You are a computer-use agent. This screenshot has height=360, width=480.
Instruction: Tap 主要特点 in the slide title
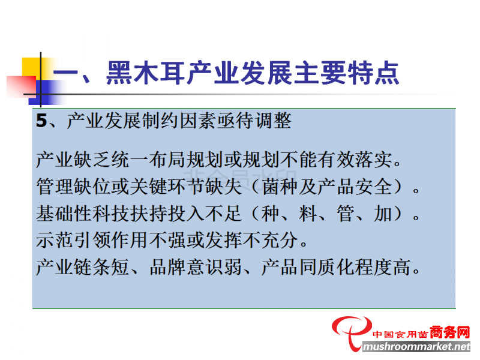coord(346,73)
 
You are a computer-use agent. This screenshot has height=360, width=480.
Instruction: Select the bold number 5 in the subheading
coord(41,121)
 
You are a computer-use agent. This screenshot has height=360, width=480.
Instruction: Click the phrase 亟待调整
coord(254,121)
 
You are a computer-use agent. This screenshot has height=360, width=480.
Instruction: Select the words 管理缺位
coord(73,187)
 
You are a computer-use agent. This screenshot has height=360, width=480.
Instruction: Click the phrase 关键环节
coord(167,187)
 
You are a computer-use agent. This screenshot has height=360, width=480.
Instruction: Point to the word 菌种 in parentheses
coord(280,187)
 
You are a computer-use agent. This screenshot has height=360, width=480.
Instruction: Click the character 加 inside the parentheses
coord(383,213)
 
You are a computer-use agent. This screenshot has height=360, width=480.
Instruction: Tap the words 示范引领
coord(73,239)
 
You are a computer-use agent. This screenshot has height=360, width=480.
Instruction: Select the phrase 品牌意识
coord(186,266)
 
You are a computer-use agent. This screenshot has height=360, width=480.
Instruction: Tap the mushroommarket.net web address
coord(416,347)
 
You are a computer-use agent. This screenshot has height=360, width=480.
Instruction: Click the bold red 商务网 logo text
coord(449,332)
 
